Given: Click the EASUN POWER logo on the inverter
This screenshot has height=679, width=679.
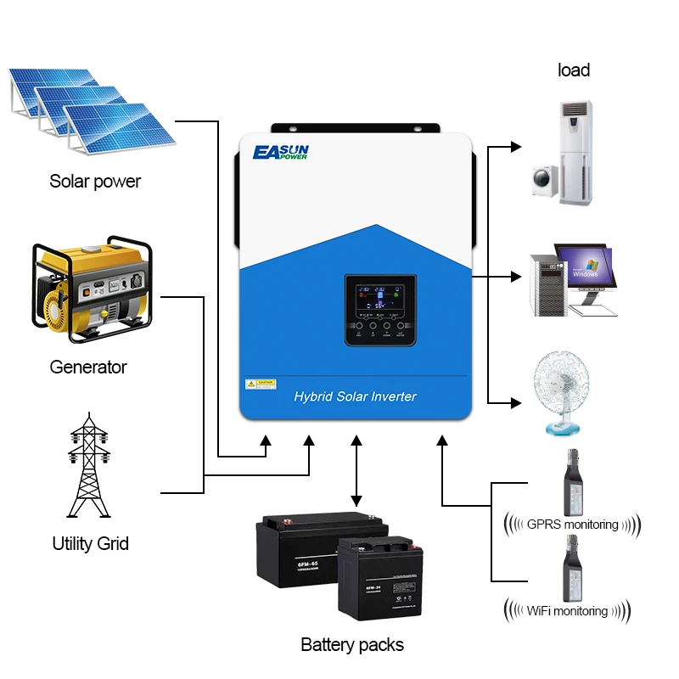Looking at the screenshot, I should [x=282, y=153].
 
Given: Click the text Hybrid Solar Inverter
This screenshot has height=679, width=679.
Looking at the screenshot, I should [x=355, y=396].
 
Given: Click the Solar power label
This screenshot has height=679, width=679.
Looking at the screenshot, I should [x=95, y=181].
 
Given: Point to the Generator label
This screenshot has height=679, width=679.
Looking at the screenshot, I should [x=88, y=367].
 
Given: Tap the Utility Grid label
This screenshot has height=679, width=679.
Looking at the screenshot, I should [x=90, y=543].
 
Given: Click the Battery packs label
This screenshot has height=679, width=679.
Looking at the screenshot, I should [x=352, y=644].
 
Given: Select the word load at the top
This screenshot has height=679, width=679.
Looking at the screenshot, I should [x=574, y=70].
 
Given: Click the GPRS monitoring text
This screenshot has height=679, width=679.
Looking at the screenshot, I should [x=573, y=524].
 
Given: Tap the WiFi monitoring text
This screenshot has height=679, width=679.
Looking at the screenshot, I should [x=568, y=610].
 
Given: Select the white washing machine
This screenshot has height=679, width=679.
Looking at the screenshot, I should [x=542, y=180].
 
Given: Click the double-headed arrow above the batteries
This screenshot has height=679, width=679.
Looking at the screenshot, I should [x=356, y=471].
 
